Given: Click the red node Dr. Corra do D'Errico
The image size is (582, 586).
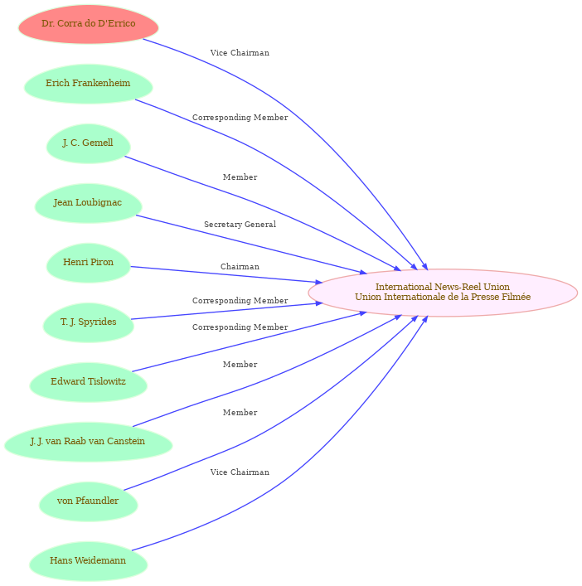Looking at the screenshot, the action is pyautogui.click(x=88, y=24).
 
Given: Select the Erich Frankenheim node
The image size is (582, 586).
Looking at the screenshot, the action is pyautogui.click(x=88, y=84).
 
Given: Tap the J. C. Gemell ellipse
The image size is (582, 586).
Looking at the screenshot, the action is pyautogui.click(x=88, y=143).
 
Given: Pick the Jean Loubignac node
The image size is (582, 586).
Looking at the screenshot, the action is pyautogui.click(x=88, y=203).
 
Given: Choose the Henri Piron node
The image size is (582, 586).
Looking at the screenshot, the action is pyautogui.click(x=88, y=263).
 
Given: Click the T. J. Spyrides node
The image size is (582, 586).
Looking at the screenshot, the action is pyautogui.click(x=88, y=322).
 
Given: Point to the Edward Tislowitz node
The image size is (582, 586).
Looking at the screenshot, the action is pyautogui.click(x=88, y=382).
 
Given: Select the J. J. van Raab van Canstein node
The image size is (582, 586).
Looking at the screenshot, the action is pyautogui.click(x=88, y=442).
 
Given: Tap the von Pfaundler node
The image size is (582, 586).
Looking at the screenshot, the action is pyautogui.click(x=88, y=501).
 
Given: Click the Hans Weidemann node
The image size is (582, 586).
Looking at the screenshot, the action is pyautogui.click(x=88, y=561).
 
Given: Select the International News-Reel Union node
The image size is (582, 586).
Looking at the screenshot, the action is pyautogui.click(x=443, y=293).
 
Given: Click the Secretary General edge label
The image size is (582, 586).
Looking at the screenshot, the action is pyautogui.click(x=240, y=225).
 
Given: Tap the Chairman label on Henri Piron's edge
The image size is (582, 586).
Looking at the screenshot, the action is pyautogui.click(x=240, y=266).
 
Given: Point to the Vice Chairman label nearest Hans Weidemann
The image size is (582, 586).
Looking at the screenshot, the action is pyautogui.click(x=240, y=472).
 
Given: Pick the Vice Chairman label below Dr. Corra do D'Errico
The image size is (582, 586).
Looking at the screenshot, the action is pyautogui.click(x=240, y=53).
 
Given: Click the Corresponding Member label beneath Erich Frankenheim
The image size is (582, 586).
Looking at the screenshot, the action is pyautogui.click(x=240, y=118).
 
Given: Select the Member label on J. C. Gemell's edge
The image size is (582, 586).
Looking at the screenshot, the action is pyautogui.click(x=240, y=177).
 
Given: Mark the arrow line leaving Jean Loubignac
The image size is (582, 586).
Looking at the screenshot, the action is pyautogui.click(x=251, y=245).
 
